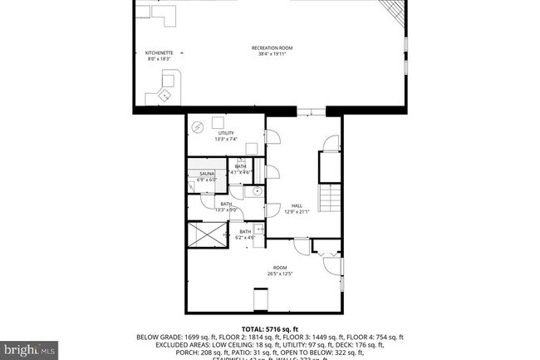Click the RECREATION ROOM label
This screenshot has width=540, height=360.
click(273, 48)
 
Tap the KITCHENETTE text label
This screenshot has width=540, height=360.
click(159, 53)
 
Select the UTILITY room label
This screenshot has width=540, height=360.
click(226, 133)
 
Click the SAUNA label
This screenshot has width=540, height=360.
click(207, 174)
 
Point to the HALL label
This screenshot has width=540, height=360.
click(297, 205)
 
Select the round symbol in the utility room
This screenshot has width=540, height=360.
click(199, 127)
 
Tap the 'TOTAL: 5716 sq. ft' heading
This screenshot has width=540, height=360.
click(270, 328)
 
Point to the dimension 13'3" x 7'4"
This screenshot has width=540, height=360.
click(226, 139)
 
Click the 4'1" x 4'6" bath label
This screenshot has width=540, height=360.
click(240, 172)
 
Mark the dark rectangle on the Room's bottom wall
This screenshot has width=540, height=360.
click(261, 298)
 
